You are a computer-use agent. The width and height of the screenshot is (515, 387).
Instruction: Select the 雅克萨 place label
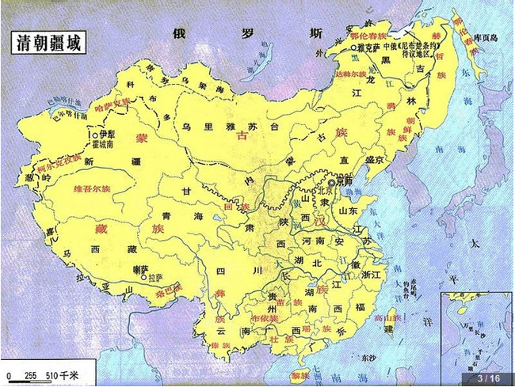pos(364,47)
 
